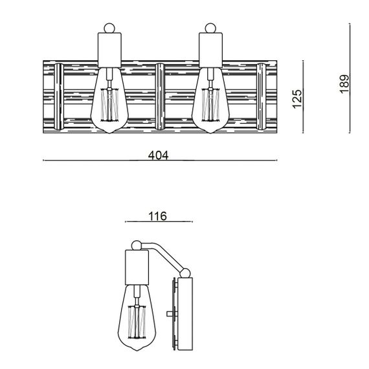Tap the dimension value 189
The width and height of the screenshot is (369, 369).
click(345, 83)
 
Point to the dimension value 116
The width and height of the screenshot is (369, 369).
click(157, 216)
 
